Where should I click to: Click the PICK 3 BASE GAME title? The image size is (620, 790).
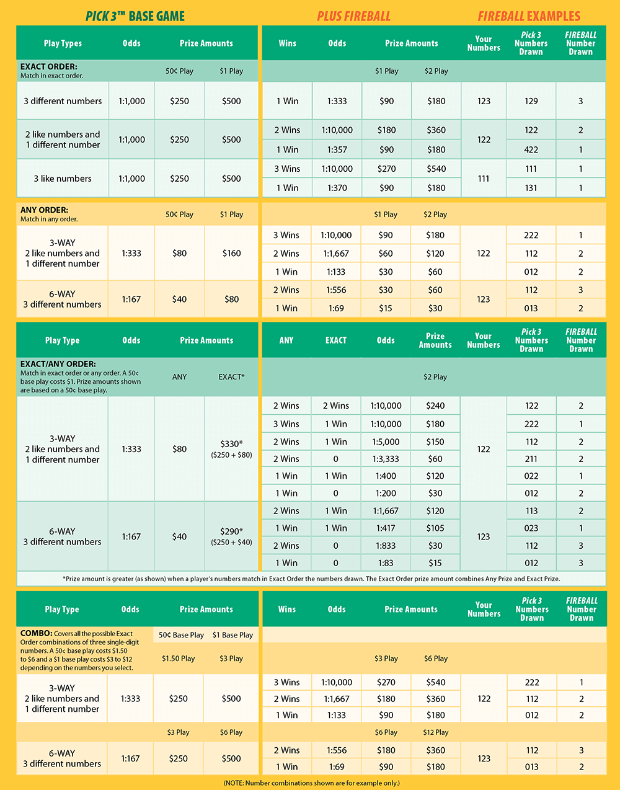[x=135, y=16]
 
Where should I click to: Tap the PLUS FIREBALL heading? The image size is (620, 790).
[x=353, y=16]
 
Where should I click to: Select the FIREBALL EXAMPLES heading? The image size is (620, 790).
[x=529, y=16]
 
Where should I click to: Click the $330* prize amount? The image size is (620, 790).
[x=231, y=444]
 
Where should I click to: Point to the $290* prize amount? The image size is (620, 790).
[x=231, y=531]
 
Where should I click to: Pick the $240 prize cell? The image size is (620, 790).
[x=435, y=406]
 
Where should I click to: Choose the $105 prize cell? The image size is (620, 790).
[x=435, y=528]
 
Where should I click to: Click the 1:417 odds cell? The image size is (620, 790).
[x=386, y=528]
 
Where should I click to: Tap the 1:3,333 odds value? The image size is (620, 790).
[x=386, y=459]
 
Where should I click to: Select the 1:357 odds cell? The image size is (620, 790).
[x=337, y=149]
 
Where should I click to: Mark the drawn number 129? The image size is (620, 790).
[x=531, y=101]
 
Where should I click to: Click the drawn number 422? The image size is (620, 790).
[x=531, y=149]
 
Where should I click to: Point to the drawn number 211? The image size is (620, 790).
[x=531, y=459]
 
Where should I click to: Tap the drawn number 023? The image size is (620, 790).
[x=531, y=528]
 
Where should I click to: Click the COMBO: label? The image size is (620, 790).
[x=36, y=634]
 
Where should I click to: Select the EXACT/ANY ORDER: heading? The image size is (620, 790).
[x=58, y=364]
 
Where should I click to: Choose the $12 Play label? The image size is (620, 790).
[x=436, y=732]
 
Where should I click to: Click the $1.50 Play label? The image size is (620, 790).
[x=179, y=659]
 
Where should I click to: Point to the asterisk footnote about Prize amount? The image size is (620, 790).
[x=311, y=579]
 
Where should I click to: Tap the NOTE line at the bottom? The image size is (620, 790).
[x=311, y=783]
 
